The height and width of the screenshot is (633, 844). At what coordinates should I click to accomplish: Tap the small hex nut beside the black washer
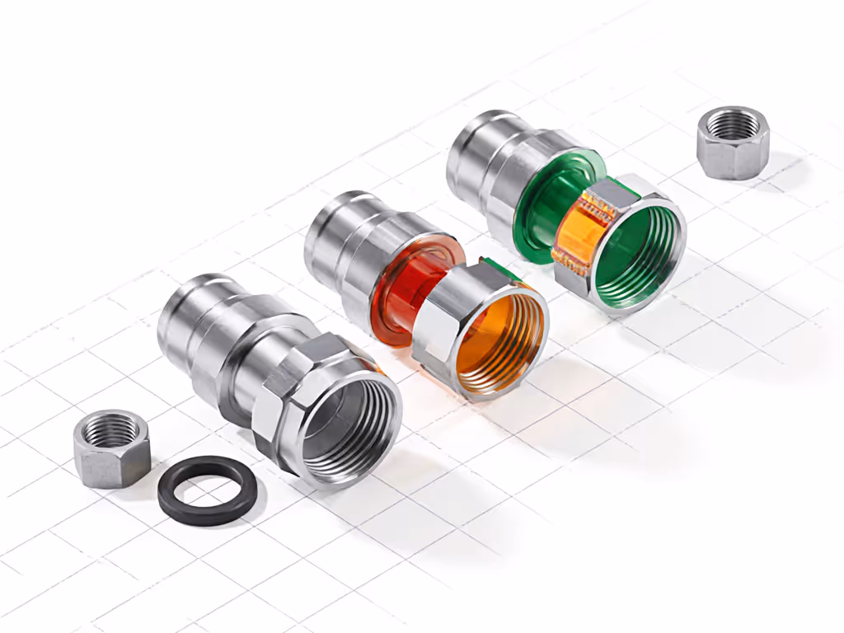point(111,457)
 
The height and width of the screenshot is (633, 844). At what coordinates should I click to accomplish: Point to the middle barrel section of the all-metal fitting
point(227,346)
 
